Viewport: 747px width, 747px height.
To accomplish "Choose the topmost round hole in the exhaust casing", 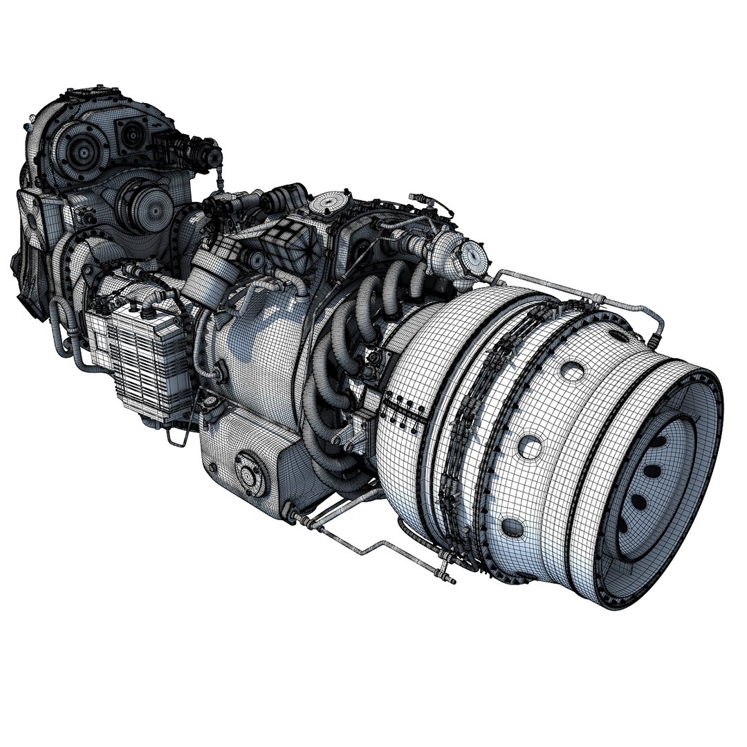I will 573,372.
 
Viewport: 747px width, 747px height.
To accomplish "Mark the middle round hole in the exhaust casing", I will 531,447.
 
